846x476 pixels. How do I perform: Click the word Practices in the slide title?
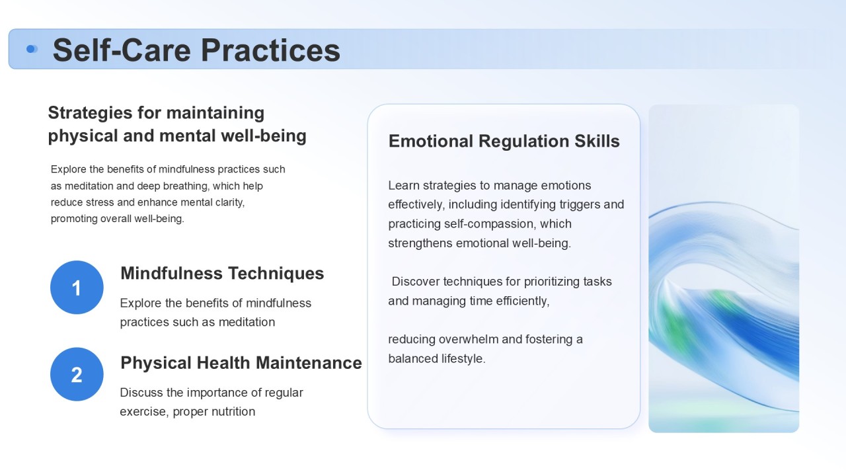click(x=270, y=50)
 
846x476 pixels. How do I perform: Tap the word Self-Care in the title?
click(x=122, y=50)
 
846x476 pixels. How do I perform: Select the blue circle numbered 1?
click(x=77, y=288)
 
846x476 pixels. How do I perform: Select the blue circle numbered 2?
click(x=77, y=374)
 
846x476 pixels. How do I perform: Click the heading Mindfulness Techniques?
click(x=222, y=274)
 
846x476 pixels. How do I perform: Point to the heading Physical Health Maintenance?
click(x=241, y=363)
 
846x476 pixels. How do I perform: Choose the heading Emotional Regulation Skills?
click(x=504, y=141)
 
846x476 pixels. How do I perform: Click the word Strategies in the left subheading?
click(x=91, y=113)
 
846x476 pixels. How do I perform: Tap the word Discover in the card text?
click(x=416, y=282)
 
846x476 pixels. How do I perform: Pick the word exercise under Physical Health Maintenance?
click(x=144, y=412)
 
